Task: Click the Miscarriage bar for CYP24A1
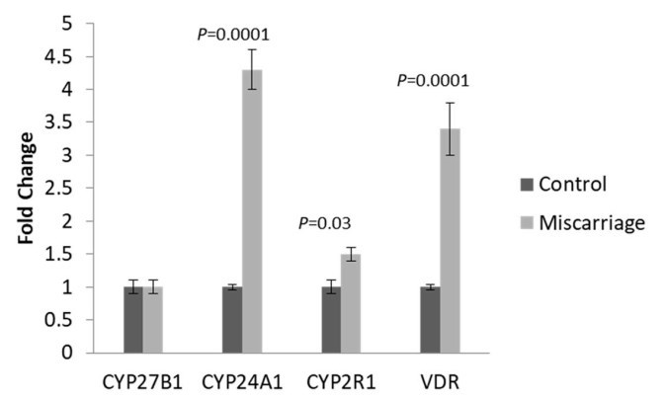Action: [x=252, y=211]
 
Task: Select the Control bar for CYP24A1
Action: [x=232, y=320]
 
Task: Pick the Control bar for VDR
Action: [x=430, y=320]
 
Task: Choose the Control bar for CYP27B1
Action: [x=133, y=320]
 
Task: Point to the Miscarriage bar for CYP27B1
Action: [x=153, y=320]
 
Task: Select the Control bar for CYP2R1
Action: [x=331, y=320]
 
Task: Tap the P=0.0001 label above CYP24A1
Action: [x=233, y=35]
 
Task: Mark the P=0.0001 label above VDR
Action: [x=432, y=81]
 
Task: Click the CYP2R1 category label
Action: [x=341, y=379]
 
